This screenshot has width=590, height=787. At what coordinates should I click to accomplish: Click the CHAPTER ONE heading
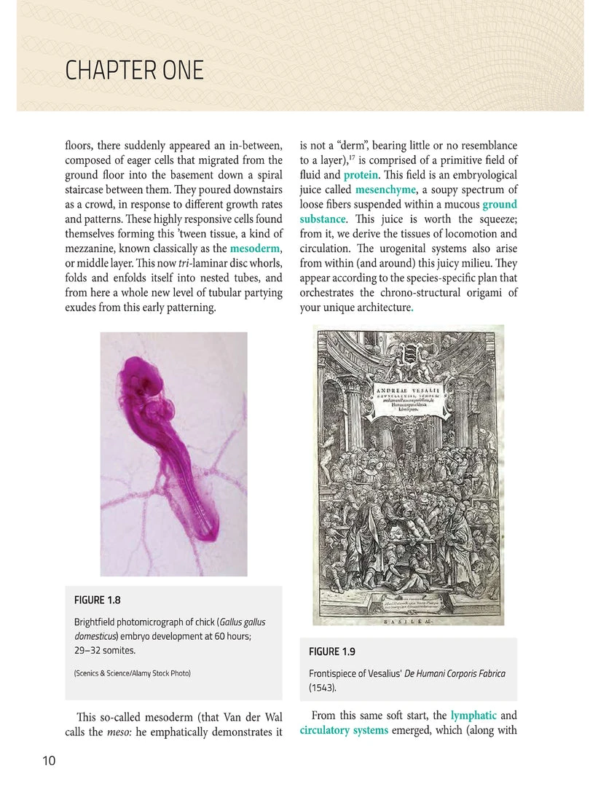click(134, 71)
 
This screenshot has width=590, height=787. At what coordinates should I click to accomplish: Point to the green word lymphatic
click(473, 716)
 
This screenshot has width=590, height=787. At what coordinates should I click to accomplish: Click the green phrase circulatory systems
click(344, 730)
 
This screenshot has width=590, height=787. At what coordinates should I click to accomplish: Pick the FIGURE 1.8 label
click(97, 600)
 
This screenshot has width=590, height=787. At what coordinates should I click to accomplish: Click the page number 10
click(49, 761)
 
